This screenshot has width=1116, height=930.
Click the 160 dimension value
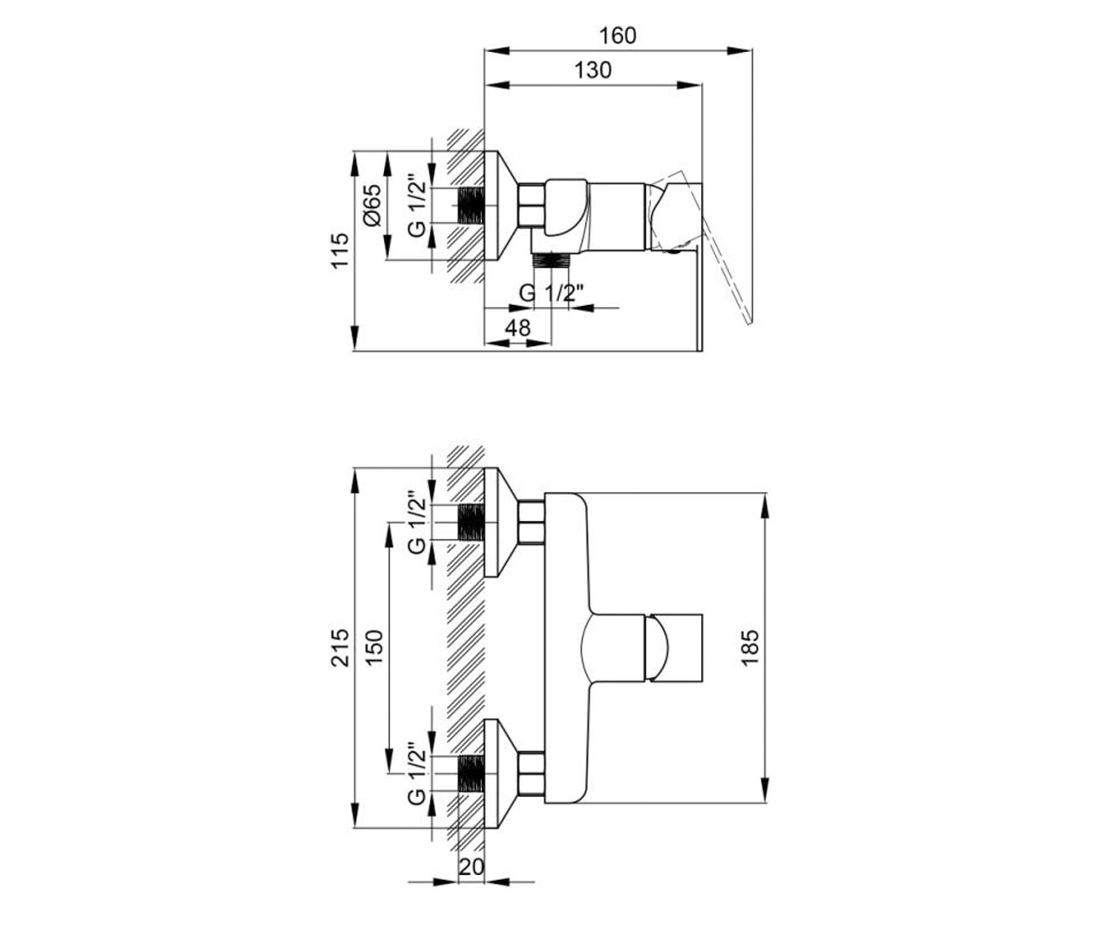click(618, 36)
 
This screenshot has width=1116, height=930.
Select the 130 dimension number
click(592, 70)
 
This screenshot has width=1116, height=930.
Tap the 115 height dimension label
click(340, 251)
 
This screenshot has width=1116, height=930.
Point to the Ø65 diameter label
click(372, 206)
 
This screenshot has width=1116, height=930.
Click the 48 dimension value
click(517, 327)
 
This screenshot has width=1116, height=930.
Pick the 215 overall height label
click(340, 648)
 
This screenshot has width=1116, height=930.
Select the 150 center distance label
click(374, 648)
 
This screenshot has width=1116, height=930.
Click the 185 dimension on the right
click(750, 648)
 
